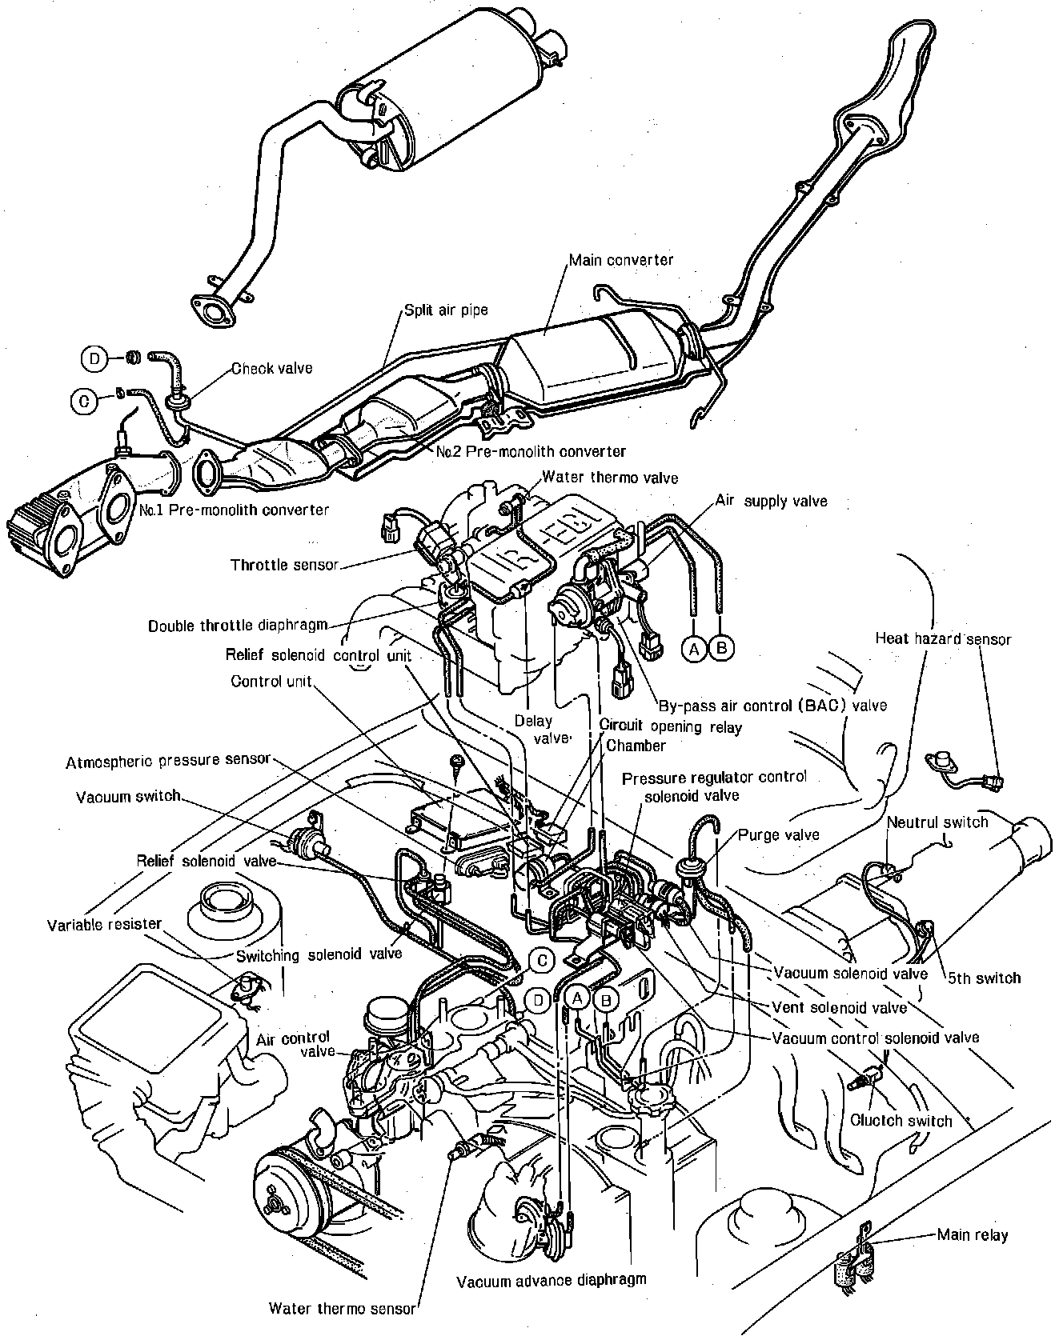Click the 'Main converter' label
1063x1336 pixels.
click(x=620, y=260)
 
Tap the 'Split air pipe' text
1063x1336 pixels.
click(x=446, y=310)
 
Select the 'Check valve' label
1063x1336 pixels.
click(x=272, y=368)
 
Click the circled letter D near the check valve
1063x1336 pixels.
click(x=94, y=358)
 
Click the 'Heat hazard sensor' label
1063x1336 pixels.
click(x=943, y=638)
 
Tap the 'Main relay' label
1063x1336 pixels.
click(x=973, y=1234)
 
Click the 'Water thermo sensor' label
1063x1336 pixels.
click(x=343, y=1309)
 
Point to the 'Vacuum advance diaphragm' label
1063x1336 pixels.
click(x=552, y=1280)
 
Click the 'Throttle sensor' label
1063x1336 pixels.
click(x=284, y=565)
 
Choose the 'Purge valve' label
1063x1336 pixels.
click(x=779, y=834)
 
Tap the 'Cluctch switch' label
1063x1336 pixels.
click(x=903, y=1120)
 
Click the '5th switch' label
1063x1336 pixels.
click(x=984, y=977)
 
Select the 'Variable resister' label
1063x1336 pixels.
click(x=104, y=925)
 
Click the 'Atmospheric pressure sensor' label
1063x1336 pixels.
click(x=168, y=760)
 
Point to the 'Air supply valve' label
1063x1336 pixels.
click(x=771, y=501)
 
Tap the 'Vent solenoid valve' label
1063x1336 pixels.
click(x=840, y=1006)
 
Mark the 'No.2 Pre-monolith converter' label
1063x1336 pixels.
click(x=531, y=452)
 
